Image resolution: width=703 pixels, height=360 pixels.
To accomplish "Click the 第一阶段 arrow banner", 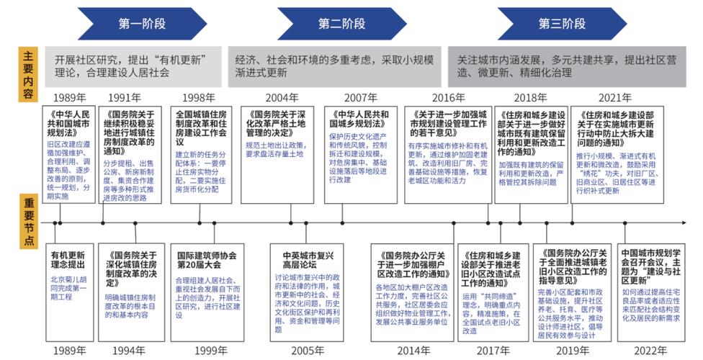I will click(x=141, y=24).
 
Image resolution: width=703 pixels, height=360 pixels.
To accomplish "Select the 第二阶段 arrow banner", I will click(x=342, y=24).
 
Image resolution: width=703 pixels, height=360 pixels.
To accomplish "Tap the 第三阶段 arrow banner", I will click(x=562, y=24).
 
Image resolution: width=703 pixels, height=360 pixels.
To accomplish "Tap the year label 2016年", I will click(x=448, y=98).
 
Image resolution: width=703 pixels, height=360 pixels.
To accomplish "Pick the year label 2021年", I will click(x=614, y=98).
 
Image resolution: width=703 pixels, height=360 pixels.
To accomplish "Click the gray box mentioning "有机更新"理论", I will click(x=134, y=66).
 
